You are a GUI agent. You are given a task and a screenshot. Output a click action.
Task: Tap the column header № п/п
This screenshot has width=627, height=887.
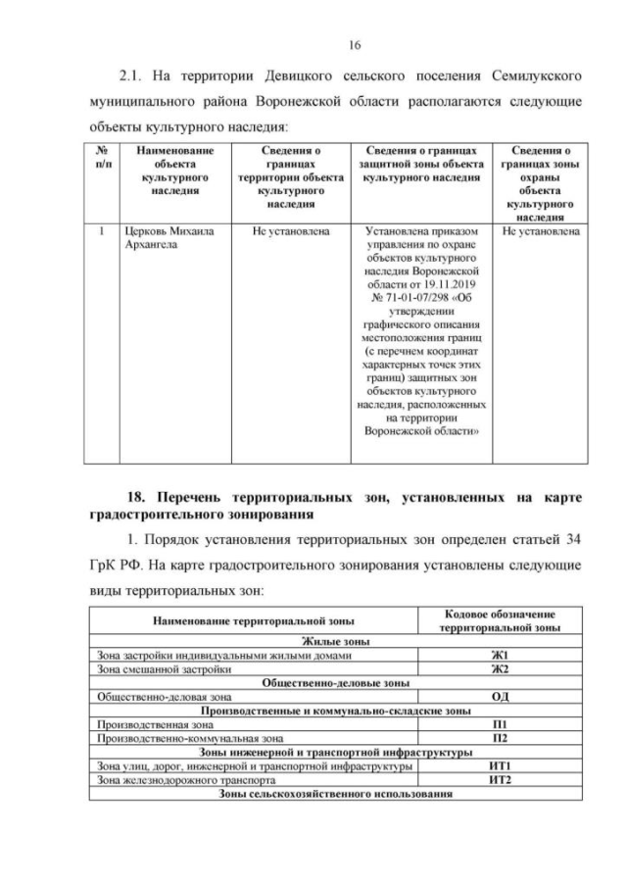point(101,159)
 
